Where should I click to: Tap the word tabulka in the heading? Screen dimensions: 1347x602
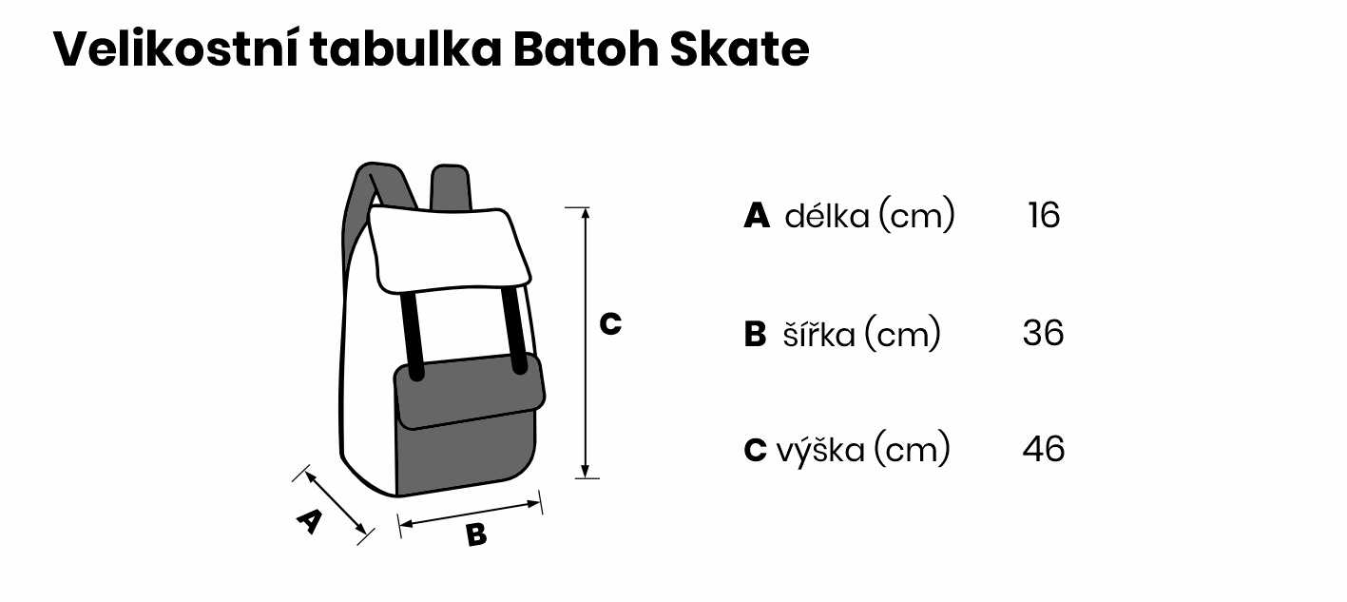(403, 49)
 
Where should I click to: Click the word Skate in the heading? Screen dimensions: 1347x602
(740, 49)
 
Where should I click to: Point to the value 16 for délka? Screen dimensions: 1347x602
(1043, 216)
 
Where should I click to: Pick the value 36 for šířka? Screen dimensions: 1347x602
(1043, 334)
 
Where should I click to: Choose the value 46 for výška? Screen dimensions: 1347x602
(1043, 449)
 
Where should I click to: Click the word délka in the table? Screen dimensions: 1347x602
(826, 217)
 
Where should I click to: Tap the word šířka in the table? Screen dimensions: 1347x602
(818, 335)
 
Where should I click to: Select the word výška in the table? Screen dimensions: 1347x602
(820, 449)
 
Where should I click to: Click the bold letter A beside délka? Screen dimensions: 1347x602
(757, 217)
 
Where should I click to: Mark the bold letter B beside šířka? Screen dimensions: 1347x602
(755, 335)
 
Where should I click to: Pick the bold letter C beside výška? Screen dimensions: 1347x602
(755, 450)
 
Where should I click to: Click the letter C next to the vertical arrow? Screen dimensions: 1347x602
(610, 324)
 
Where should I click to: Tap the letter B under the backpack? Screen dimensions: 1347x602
(476, 535)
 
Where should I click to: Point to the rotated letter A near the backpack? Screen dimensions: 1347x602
(309, 521)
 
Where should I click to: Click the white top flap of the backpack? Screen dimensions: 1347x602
(449, 249)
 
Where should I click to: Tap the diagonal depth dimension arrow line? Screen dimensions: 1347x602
(336, 504)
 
